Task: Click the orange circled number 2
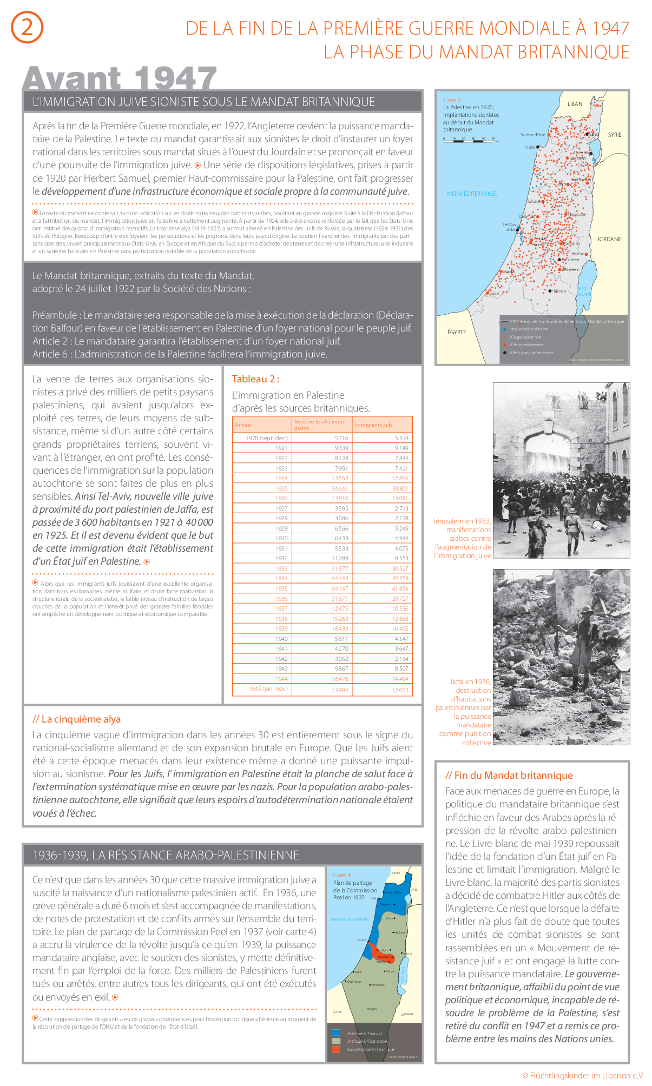[27, 28]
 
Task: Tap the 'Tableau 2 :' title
[255, 379]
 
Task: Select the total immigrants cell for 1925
[340, 488]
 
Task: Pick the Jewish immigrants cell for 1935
[400, 588]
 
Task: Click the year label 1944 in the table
[281, 679]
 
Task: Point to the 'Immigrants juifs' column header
[374, 425]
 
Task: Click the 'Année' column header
[243, 425]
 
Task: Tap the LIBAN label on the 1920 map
[575, 104]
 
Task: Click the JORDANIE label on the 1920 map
[609, 239]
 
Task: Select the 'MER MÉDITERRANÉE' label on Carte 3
[471, 194]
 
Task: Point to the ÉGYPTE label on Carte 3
[457, 332]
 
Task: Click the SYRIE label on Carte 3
[615, 135]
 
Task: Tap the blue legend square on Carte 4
[336, 1033]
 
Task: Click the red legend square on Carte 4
[336, 1049]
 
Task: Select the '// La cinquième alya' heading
[76, 719]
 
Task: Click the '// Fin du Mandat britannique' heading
[509, 776]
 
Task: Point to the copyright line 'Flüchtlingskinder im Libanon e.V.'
[583, 1075]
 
